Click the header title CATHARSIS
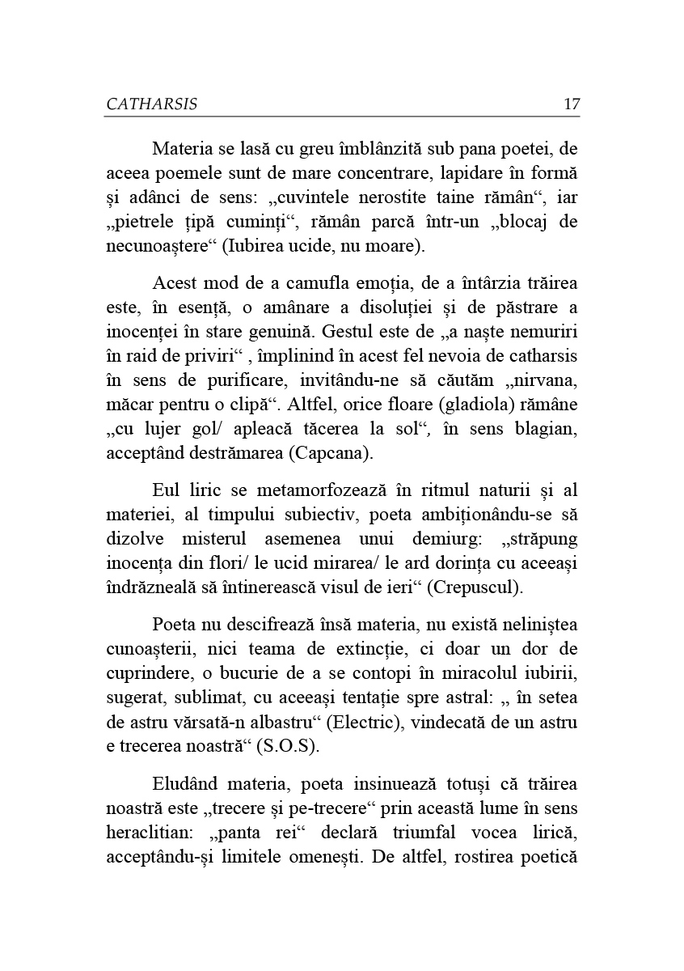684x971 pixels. [x=152, y=104]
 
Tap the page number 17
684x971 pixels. [x=571, y=104]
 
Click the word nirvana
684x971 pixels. [x=544, y=379]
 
